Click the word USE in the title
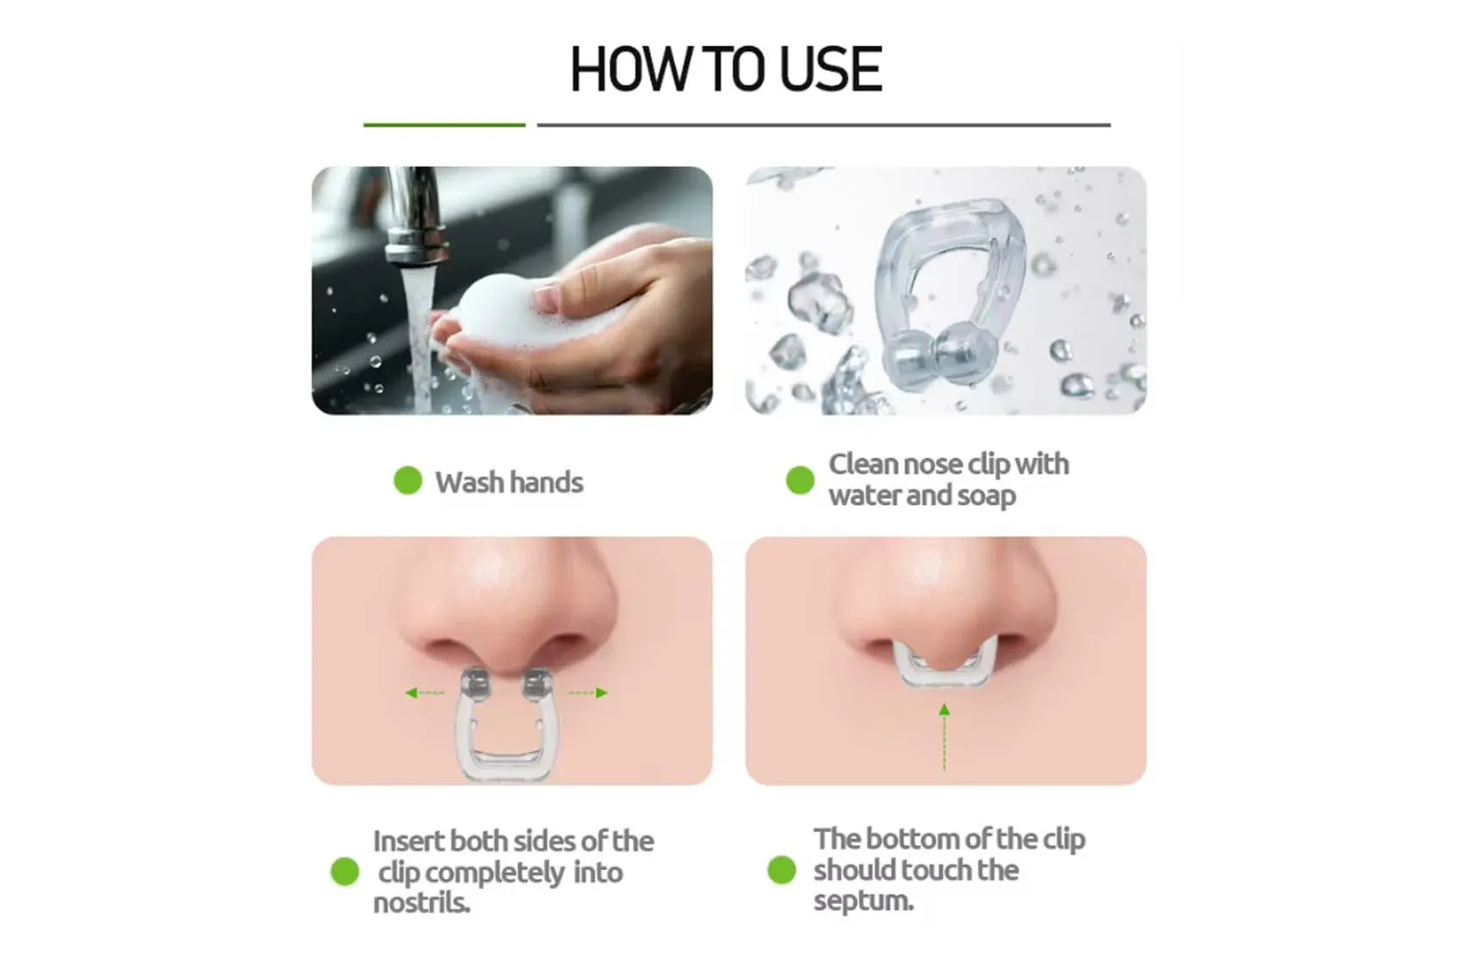point(830,70)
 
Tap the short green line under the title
point(443,125)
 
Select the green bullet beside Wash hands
point(407,481)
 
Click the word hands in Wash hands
point(545,482)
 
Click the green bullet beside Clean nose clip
point(800,480)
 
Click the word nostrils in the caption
point(421,903)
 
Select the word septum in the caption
point(863,901)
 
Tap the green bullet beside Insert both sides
point(344,871)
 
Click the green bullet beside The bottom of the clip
point(782,869)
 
